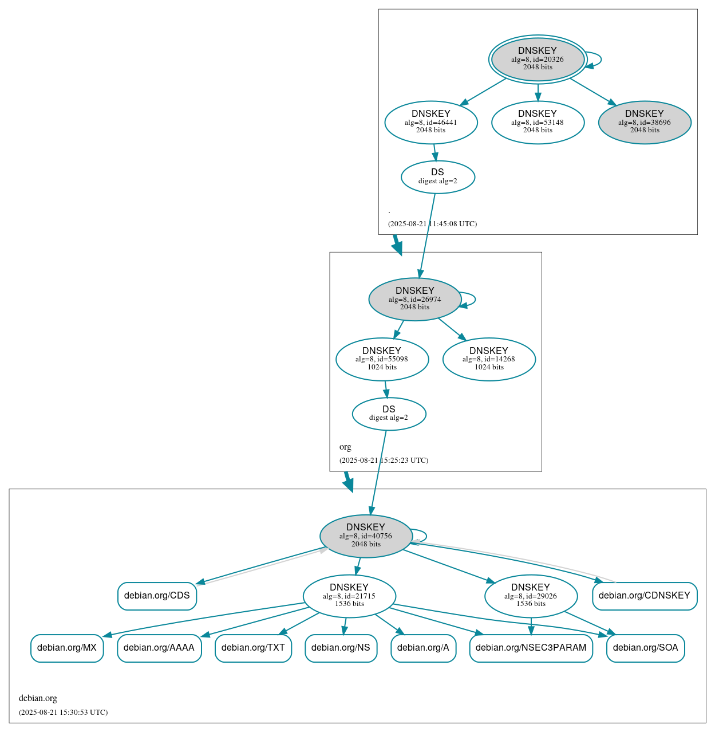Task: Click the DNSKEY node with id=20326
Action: tap(538, 59)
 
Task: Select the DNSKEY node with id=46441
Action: tap(431, 122)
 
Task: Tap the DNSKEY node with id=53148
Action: tap(538, 122)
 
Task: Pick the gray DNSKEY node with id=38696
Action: tap(645, 122)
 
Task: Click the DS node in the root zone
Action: tap(438, 177)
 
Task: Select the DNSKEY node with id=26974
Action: tap(415, 299)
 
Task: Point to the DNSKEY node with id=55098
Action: tap(382, 359)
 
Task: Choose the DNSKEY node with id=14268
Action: tap(489, 359)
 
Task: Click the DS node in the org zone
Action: tap(389, 414)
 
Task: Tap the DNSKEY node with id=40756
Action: tap(366, 536)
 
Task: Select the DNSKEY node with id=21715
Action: tap(349, 596)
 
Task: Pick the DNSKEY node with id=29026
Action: tap(531, 596)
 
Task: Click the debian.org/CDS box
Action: tap(157, 596)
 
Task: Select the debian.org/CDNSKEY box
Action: tap(645, 596)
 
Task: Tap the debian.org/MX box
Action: tap(67, 648)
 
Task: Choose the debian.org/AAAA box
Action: tap(159, 648)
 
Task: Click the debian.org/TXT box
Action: tap(253, 648)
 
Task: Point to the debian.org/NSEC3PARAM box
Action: tap(531, 648)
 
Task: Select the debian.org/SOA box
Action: tap(645, 648)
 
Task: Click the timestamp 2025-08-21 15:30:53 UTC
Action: tap(64, 713)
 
